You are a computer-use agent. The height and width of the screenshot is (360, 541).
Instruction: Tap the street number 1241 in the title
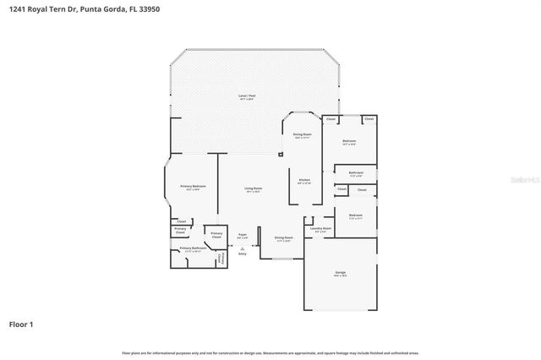[x=16, y=8]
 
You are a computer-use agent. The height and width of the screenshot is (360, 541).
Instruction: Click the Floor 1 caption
[x=22, y=324]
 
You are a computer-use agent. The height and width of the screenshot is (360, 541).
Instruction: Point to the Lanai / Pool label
[x=246, y=96]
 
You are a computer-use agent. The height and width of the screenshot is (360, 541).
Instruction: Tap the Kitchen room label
[x=303, y=180]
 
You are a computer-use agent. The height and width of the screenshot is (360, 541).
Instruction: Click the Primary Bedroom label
[x=193, y=186]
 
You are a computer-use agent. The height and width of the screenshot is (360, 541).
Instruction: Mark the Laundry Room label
[x=320, y=227]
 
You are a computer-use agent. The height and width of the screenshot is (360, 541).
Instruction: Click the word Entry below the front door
[x=242, y=254]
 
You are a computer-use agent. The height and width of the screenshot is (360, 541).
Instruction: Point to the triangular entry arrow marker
[x=242, y=248]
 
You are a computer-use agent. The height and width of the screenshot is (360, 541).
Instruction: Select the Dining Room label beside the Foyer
[x=284, y=237]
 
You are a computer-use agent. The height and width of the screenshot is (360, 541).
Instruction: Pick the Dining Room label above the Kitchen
[x=303, y=134]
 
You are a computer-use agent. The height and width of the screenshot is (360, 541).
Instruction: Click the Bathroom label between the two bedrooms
[x=356, y=172]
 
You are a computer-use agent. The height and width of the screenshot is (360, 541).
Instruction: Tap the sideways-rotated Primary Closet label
[x=221, y=257]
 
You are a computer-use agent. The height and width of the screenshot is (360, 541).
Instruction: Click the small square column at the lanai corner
[x=281, y=154]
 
